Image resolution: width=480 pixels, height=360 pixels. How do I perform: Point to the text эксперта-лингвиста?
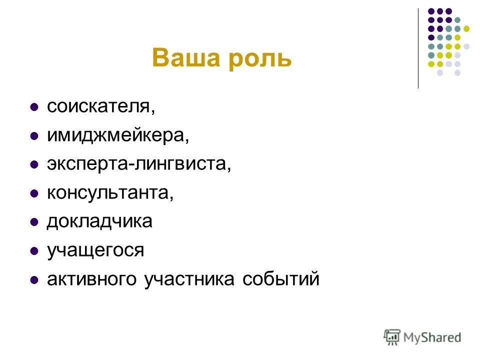point(138,164)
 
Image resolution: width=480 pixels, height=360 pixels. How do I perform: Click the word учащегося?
point(95,250)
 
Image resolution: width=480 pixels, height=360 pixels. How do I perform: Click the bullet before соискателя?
point(34,107)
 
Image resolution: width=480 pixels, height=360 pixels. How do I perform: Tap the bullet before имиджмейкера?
point(34,136)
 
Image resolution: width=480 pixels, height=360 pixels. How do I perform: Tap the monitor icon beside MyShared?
point(392,337)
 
